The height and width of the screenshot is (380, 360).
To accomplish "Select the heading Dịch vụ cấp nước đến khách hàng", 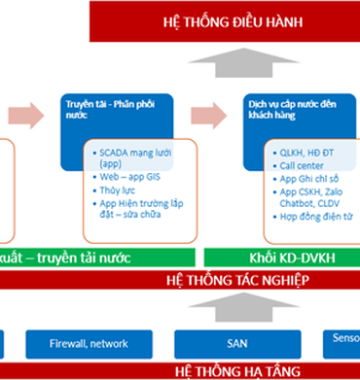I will (x=292, y=107).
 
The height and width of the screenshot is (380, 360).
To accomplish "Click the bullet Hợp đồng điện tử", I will (x=315, y=219).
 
